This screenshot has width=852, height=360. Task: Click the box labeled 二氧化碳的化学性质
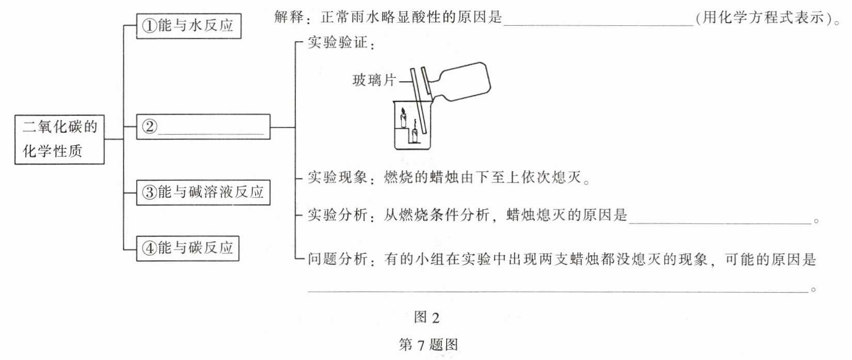coord(59,139)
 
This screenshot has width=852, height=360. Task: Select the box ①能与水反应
coord(188,26)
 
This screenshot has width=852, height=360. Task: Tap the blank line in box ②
coord(211,134)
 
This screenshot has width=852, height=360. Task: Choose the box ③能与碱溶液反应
coord(203,193)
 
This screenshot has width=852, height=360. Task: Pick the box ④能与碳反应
coord(188,248)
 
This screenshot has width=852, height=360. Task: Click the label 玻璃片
coord(374,80)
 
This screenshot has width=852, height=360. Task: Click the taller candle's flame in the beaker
coord(403,112)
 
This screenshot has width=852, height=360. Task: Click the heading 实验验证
coord(337,42)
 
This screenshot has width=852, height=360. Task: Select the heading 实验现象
coord(337,177)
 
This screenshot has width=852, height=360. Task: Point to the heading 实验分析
coord(337,215)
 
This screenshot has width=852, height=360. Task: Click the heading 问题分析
coord(337,259)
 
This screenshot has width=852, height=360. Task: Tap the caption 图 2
coord(427,317)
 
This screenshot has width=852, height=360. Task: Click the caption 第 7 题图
coord(428,345)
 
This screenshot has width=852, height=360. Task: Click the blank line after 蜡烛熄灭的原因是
coord(720,223)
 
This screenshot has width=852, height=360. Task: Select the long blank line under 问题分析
coord(558,292)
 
